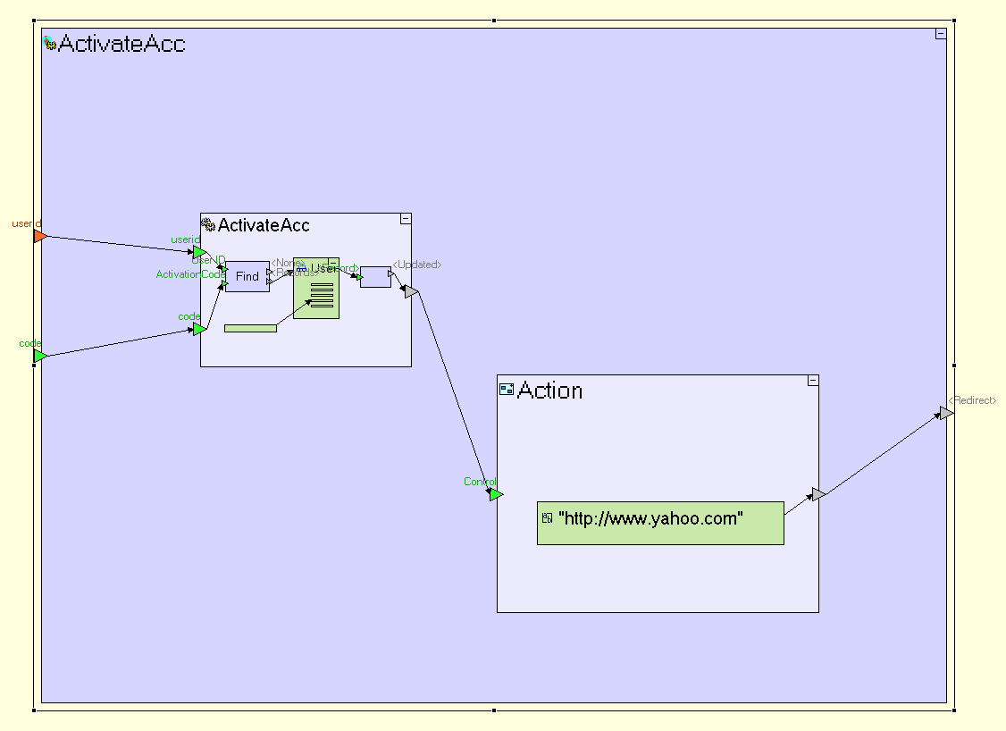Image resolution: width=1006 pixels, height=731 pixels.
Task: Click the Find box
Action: [247, 276]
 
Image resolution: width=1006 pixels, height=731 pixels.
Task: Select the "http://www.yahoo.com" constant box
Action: [659, 523]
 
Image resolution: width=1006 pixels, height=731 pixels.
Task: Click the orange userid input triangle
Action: [39, 236]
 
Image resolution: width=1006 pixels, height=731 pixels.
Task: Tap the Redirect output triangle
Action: [946, 413]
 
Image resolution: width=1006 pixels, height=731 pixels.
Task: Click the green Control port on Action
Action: [497, 494]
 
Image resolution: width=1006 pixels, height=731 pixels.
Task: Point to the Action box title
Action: [549, 391]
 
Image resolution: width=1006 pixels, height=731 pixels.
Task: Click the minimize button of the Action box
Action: [812, 381]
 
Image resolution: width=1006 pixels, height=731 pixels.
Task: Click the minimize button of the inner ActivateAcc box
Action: [405, 219]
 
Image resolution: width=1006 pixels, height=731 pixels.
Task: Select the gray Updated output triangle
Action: [410, 291]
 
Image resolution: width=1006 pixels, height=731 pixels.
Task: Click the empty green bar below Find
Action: [250, 329]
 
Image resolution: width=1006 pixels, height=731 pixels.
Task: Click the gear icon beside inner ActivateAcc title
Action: [208, 225]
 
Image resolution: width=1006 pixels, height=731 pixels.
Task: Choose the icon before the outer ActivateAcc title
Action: [50, 43]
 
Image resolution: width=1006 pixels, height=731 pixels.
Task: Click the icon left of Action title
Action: [507, 390]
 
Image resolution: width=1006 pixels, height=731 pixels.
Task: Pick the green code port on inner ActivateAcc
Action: [199, 330]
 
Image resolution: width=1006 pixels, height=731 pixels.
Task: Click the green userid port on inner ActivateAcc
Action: [199, 252]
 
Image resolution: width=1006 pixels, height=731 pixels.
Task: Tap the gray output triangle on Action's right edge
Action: [817, 494]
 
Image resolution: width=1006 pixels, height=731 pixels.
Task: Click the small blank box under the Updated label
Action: [375, 277]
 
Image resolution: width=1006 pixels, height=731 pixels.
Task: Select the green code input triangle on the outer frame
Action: [39, 356]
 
